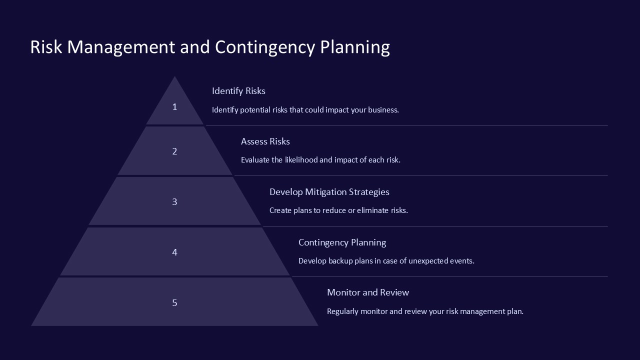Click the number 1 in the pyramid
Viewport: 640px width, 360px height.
point(174,106)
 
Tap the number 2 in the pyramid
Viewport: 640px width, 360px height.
point(174,151)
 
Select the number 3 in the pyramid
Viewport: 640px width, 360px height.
point(174,202)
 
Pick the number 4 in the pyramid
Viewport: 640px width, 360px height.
point(174,252)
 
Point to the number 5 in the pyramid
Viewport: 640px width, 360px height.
point(174,302)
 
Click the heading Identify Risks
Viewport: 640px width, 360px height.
point(238,91)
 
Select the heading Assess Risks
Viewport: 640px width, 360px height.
point(265,141)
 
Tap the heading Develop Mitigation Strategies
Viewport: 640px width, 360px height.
point(329,192)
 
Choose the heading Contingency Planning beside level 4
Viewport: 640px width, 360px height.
point(342,242)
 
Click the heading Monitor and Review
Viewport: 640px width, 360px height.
point(367,292)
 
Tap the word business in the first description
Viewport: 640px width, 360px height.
point(383,110)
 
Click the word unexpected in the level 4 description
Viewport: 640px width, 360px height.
point(429,261)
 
